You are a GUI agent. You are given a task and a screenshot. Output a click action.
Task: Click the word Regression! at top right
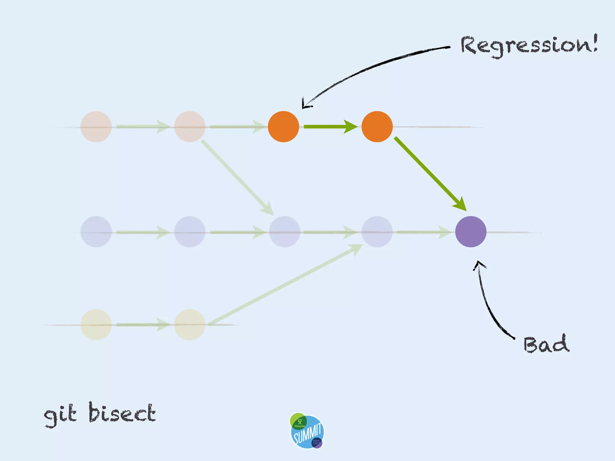pyautogui.click(x=529, y=46)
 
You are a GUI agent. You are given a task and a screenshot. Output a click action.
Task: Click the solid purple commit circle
pyautogui.click(x=471, y=232)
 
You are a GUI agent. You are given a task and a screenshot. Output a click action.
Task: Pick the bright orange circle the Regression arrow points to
pyautogui.click(x=283, y=127)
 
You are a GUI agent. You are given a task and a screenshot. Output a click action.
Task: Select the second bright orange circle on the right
pyautogui.click(x=377, y=127)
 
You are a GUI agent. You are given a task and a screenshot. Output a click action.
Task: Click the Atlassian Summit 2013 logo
pyautogui.click(x=307, y=431)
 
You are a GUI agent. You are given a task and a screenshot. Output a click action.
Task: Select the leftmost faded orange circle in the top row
pyautogui.click(x=96, y=127)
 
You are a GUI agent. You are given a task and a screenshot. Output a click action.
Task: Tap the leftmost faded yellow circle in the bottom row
pyautogui.click(x=96, y=325)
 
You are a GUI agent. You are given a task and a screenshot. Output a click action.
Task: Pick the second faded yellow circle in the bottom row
pyautogui.click(x=190, y=325)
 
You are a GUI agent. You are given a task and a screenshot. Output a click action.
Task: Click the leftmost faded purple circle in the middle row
pyautogui.click(x=96, y=232)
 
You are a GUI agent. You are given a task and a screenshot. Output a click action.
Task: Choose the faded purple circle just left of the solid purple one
pyautogui.click(x=377, y=232)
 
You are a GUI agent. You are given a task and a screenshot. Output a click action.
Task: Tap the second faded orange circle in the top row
pyautogui.click(x=190, y=127)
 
